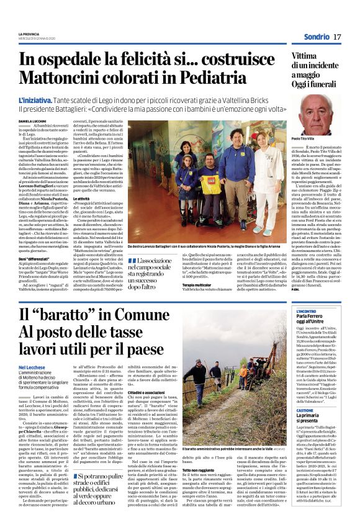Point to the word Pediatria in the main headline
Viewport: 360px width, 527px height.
[194, 78]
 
